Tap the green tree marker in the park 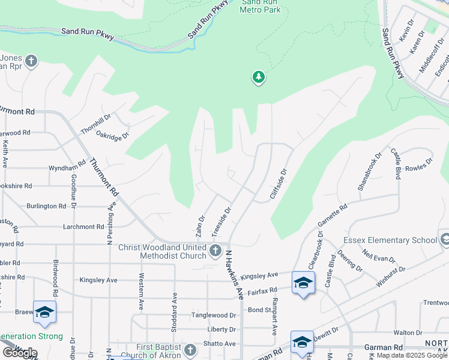[259, 77]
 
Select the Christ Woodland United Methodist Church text [162, 252]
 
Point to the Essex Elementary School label [390, 241]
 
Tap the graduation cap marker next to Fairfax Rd [303, 283]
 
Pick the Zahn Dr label [200, 226]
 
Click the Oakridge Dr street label [113, 136]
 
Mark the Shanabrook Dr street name [369, 172]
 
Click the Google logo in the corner [19, 352]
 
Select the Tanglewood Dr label [214, 315]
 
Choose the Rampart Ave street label [274, 316]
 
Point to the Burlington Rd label [46, 206]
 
